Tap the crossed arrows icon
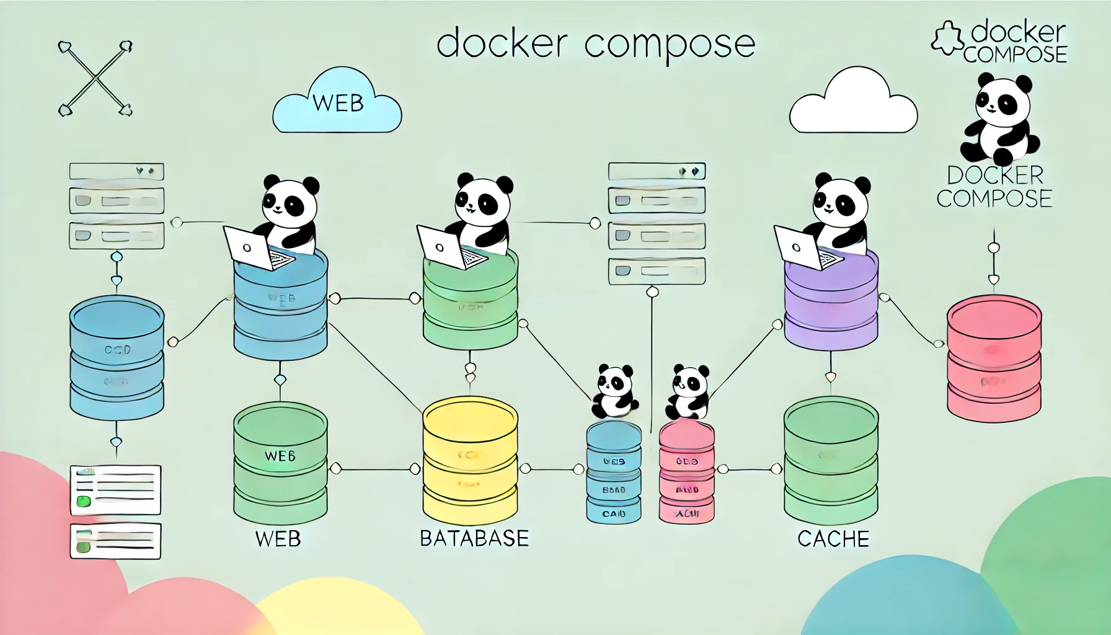pyautogui.click(x=95, y=79)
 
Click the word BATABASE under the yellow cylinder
pyautogui.click(x=474, y=538)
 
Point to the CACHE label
pyautogui.click(x=833, y=539)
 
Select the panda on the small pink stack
pyautogui.click(x=689, y=392)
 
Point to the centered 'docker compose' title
pyautogui.click(x=595, y=43)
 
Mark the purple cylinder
pyautogui.click(x=831, y=304)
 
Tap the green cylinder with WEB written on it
pyautogui.click(x=280, y=462)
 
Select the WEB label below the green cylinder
pyautogui.click(x=278, y=538)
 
